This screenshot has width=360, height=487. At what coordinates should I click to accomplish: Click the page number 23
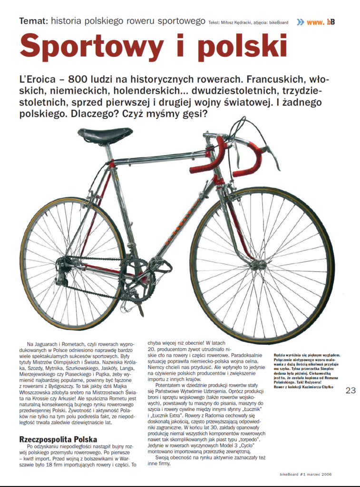[350, 390]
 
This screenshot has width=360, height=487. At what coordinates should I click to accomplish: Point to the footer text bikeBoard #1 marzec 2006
[311, 474]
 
